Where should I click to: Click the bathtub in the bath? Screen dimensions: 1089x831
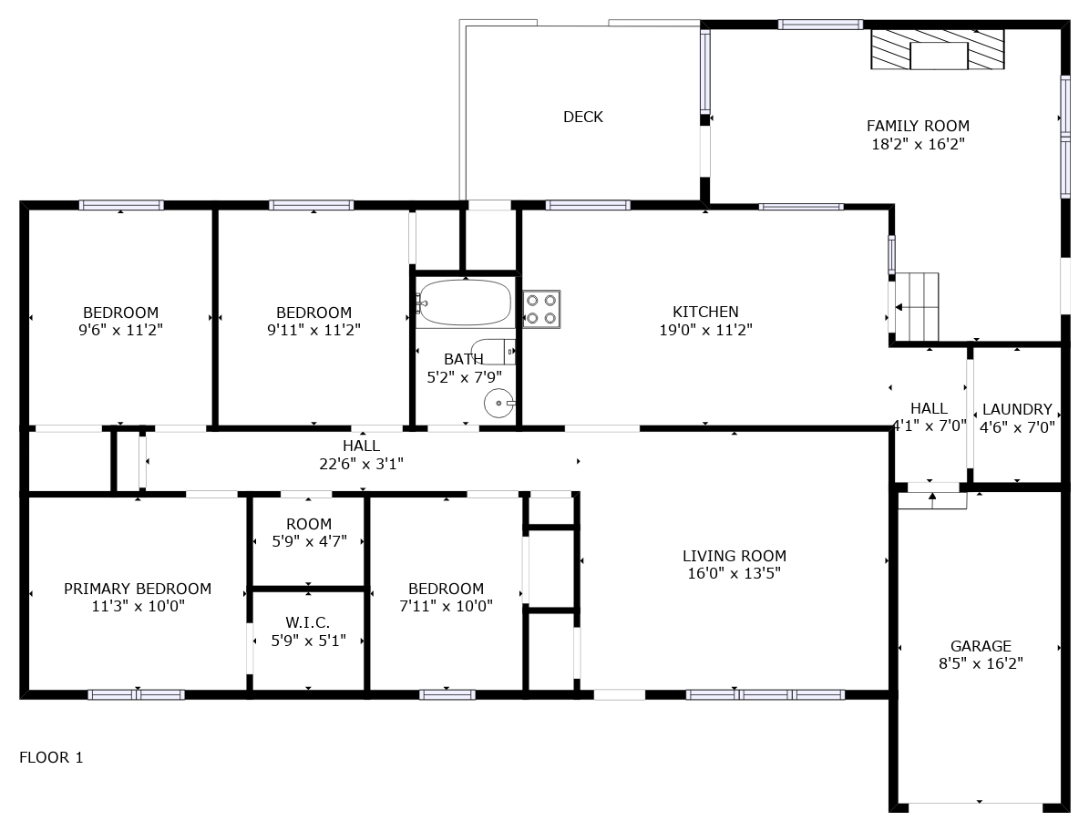click(466, 302)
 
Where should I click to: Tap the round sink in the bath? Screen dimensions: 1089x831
click(499, 404)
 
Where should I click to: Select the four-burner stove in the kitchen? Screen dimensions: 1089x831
click(541, 310)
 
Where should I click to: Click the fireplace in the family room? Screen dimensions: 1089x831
click(938, 49)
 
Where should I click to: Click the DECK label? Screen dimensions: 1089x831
click(582, 117)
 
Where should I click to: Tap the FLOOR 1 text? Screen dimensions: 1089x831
click(51, 757)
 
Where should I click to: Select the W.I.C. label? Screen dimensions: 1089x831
click(308, 622)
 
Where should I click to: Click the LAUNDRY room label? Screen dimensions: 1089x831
click(1017, 410)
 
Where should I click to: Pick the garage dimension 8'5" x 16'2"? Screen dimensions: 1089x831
click(981, 663)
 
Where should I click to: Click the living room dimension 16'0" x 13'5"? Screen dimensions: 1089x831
click(735, 573)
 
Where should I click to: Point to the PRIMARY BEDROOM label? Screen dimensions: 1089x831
click(138, 589)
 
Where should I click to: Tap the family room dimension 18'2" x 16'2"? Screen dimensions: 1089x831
click(919, 144)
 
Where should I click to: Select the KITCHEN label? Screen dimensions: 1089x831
click(705, 312)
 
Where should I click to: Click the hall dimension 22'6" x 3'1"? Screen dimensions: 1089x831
click(361, 464)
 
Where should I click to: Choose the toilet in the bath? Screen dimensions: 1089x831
click(493, 352)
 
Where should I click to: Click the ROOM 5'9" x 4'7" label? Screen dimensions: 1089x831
click(309, 532)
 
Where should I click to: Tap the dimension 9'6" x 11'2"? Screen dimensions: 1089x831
click(121, 330)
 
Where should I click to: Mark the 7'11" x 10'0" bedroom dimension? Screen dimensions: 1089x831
click(446, 606)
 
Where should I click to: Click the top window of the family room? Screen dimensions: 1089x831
click(820, 25)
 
